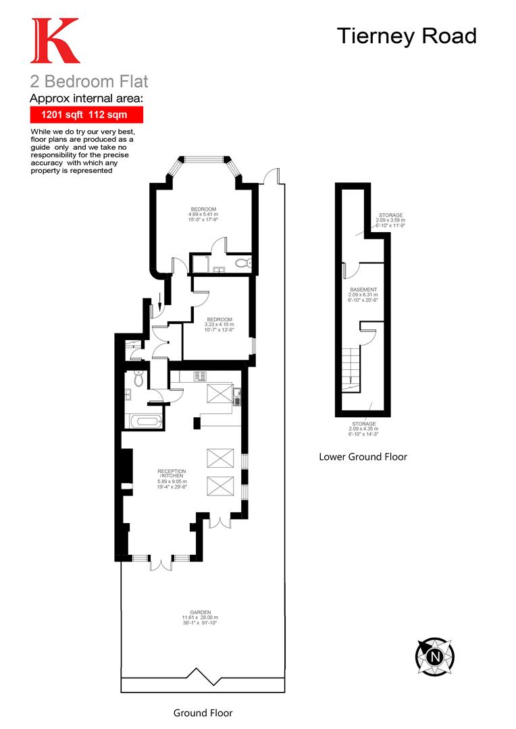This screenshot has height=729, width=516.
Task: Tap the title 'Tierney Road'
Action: pyautogui.click(x=407, y=36)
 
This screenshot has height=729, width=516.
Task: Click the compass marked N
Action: pyautogui.click(x=434, y=655)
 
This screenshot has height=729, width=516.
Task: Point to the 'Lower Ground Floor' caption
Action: pyautogui.click(x=363, y=457)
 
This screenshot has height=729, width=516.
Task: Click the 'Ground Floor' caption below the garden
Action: pyautogui.click(x=203, y=713)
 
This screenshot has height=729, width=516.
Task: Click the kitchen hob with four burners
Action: pyautogui.click(x=199, y=377)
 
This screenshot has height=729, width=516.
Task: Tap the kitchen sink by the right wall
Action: pyautogui.click(x=238, y=397)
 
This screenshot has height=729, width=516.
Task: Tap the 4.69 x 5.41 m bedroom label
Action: pyautogui.click(x=203, y=215)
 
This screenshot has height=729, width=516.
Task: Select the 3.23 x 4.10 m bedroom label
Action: pyautogui.click(x=220, y=325)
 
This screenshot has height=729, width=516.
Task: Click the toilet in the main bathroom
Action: pyautogui.click(x=138, y=380)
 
